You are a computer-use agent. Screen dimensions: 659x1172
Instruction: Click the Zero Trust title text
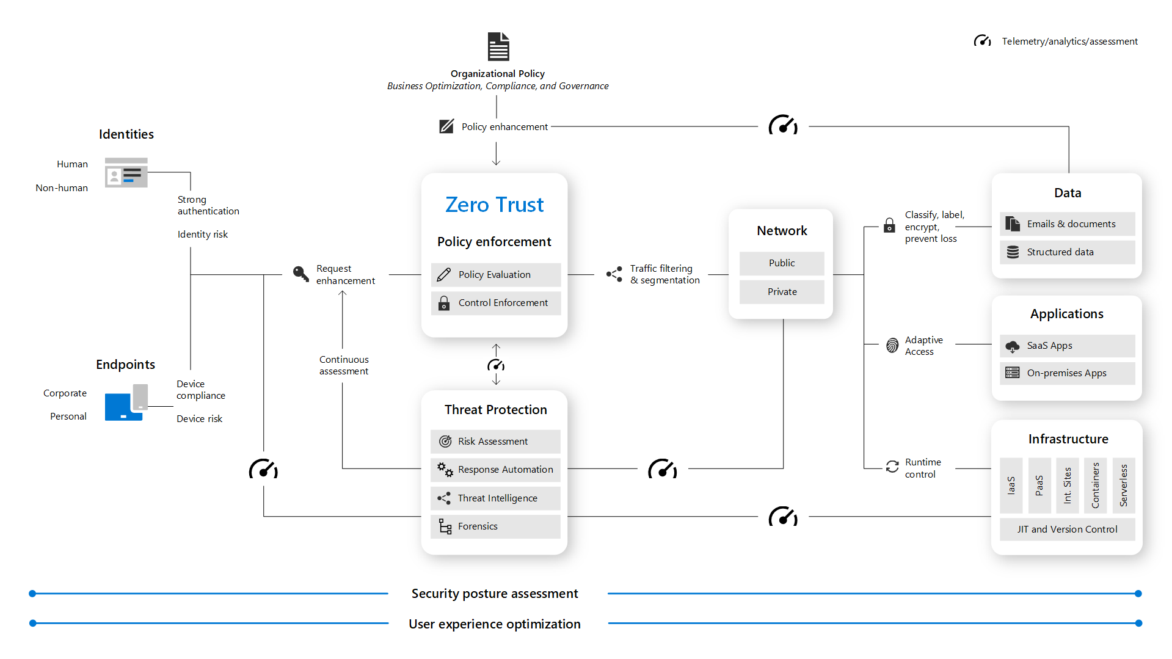tap(494, 205)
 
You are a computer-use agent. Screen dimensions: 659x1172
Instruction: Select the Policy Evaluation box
tap(495, 275)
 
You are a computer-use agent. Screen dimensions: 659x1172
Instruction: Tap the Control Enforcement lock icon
tap(444, 303)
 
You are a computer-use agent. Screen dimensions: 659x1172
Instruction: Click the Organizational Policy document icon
tap(498, 46)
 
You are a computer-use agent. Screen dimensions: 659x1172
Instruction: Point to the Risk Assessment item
tap(495, 441)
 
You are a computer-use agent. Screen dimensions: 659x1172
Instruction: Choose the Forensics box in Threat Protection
tap(495, 526)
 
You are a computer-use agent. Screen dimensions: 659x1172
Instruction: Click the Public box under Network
tap(782, 263)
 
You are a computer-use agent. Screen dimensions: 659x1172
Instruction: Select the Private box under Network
tap(782, 292)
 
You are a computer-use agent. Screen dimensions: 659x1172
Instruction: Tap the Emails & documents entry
tap(1067, 224)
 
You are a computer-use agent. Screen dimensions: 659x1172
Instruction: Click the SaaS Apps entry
tap(1067, 346)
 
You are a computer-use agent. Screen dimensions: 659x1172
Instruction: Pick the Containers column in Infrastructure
tap(1095, 485)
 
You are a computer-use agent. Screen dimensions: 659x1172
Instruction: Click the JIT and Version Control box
tap(1067, 530)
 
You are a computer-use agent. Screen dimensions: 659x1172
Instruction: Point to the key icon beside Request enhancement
tap(300, 274)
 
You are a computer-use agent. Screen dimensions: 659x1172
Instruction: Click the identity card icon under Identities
tap(126, 173)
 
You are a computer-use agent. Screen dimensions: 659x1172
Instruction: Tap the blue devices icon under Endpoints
tap(126, 403)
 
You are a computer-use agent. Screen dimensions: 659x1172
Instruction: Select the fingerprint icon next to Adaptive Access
tap(892, 346)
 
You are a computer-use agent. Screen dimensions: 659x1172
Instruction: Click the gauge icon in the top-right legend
tap(982, 41)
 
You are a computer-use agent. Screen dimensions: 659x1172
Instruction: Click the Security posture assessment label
tap(494, 594)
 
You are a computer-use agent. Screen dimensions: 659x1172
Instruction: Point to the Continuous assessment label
tap(344, 365)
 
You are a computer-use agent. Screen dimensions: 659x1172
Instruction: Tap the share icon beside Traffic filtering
tap(614, 274)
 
